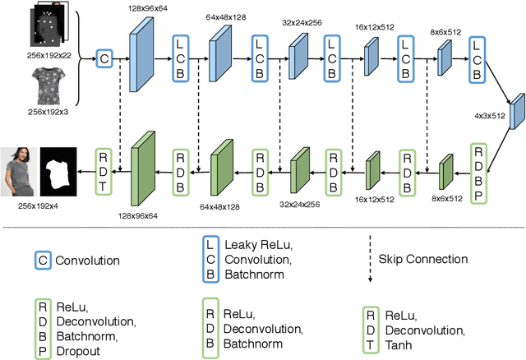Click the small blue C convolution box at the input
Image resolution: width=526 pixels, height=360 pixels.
104,58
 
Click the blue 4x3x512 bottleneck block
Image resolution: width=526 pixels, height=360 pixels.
516,113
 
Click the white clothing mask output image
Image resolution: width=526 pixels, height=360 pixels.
58,168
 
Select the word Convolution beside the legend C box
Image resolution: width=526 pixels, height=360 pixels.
87,261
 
